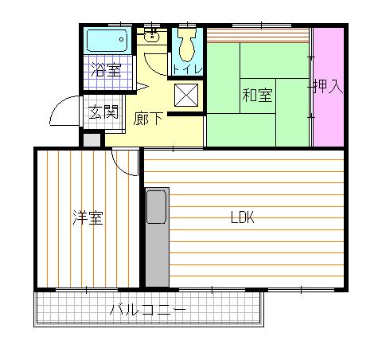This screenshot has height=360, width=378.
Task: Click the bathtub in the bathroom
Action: pos(107,40)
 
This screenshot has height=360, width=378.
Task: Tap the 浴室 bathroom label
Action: pos(106,69)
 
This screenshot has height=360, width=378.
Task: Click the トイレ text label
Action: pos(188,69)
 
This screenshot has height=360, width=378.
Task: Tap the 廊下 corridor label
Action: pos(149,118)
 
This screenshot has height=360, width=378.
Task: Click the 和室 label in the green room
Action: pos(257,96)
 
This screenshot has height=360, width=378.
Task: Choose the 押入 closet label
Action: pos(327,86)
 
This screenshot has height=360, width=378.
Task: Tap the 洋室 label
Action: pos(88,217)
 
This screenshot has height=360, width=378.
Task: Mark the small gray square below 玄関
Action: pos(92,139)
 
